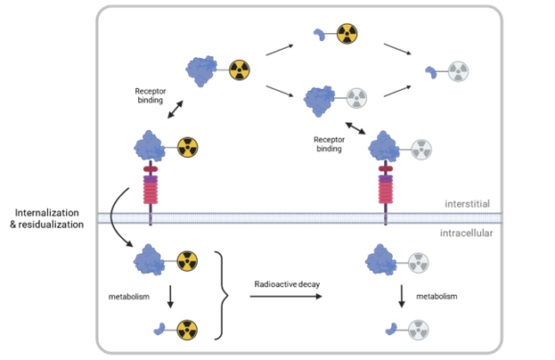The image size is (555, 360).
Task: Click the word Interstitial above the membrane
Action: pos(468,203)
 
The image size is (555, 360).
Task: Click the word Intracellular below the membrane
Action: pos(466,233)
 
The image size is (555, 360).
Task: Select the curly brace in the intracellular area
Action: pos(222,295)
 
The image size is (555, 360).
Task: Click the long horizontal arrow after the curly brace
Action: pos(285,296)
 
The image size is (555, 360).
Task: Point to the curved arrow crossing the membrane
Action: pos(117,218)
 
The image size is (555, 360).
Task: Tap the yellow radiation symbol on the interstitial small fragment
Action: pos(347,35)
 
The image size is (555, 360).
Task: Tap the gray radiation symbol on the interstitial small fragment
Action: pos(458,71)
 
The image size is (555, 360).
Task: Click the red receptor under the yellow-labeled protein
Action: pos(150,189)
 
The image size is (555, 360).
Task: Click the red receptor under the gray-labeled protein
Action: pos(386,189)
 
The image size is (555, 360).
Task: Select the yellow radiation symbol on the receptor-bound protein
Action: pos(187,147)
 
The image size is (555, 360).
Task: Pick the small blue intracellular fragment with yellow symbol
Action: pos(159,330)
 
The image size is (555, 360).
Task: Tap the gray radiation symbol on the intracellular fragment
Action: pos(417,331)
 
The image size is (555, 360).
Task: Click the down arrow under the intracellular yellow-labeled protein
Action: pos(170,296)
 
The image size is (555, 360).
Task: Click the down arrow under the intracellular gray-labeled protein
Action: pos(402,296)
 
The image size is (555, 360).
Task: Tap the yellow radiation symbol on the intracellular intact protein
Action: pos(187,261)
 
